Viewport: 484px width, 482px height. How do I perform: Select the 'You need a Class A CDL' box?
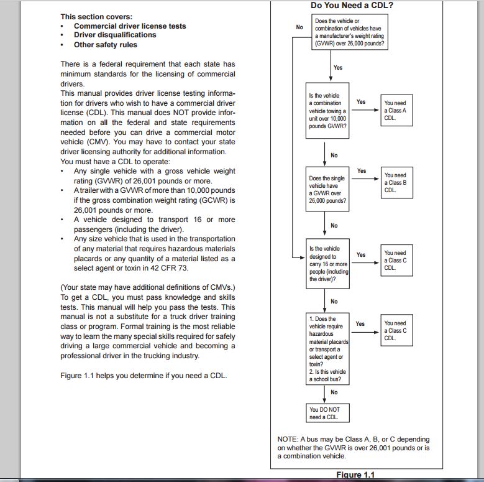396,111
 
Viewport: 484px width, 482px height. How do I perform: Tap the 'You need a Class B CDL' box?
396,183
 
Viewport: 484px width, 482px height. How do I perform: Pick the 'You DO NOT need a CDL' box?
328,413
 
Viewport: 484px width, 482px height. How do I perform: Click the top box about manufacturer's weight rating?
350,34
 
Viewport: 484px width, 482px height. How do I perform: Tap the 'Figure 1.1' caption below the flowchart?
355,475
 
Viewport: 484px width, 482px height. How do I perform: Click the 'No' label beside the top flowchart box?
299,27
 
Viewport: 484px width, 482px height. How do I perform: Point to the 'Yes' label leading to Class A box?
361,101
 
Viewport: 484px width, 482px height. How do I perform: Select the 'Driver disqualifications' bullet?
115,35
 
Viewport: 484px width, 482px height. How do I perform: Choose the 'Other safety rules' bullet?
106,45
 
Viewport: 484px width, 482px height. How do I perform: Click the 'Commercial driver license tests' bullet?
130,26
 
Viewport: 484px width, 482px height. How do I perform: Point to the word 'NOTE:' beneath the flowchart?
288,439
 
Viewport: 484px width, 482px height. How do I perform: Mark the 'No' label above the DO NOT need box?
334,392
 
